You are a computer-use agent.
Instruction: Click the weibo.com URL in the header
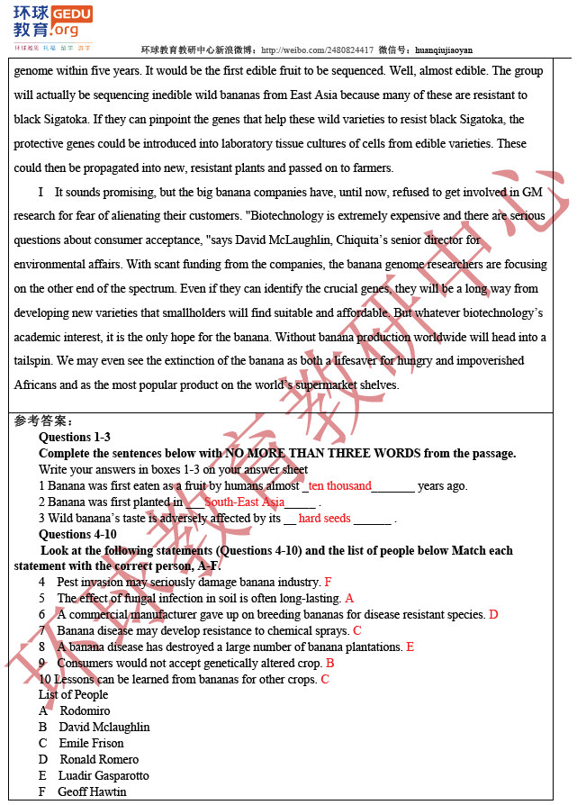click(316, 50)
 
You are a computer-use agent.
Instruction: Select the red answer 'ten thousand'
click(339, 486)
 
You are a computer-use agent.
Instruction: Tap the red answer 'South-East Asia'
click(244, 502)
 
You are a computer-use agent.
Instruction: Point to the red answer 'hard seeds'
click(324, 519)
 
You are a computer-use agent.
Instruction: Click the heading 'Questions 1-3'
click(75, 438)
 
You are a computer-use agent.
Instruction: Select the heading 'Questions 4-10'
click(77, 535)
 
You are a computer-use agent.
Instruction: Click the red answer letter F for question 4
click(328, 583)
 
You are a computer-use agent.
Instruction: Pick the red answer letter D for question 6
click(493, 615)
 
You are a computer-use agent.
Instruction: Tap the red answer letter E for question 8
click(410, 647)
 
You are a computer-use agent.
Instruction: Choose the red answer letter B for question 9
click(330, 664)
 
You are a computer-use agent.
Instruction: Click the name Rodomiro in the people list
click(85, 711)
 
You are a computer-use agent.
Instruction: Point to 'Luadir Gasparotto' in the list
click(104, 776)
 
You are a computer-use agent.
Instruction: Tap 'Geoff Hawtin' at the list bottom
click(92, 792)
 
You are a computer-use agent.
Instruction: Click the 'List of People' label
click(73, 695)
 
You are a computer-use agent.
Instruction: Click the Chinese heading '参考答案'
click(41, 421)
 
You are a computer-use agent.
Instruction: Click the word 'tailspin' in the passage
click(32, 361)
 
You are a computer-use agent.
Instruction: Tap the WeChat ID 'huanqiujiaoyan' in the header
click(444, 50)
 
